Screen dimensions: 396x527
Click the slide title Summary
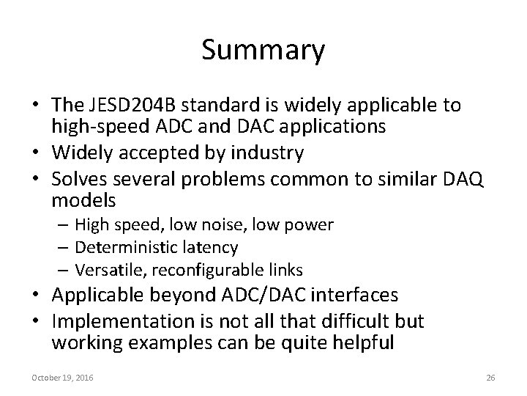pyautogui.click(x=263, y=51)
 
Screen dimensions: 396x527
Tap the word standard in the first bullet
pyautogui.click(x=206, y=105)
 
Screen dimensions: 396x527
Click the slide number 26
pyautogui.click(x=490, y=377)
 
